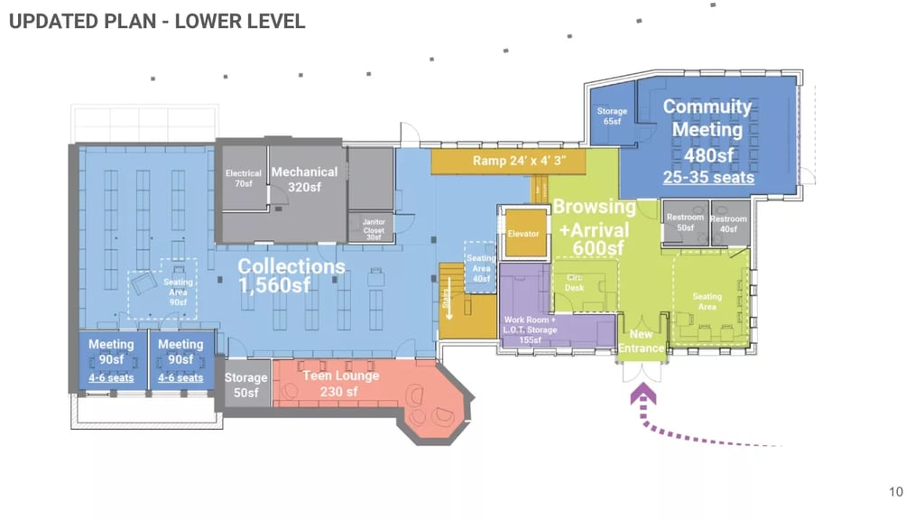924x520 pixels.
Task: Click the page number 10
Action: [x=895, y=492]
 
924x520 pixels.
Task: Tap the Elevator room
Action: [x=523, y=234]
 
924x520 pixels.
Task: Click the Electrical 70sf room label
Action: [x=244, y=178]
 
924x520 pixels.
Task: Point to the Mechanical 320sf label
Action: [x=305, y=179]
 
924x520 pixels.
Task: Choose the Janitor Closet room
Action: [x=374, y=226]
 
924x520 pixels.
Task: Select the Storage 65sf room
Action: [x=612, y=116]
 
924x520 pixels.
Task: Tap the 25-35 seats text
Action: [x=708, y=178]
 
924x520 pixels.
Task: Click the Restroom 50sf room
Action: [x=685, y=222]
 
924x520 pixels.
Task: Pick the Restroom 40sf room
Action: [x=729, y=222]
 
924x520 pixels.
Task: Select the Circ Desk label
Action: [x=575, y=283]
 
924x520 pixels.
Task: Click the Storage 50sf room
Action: [x=245, y=385]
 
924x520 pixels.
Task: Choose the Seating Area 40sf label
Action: [x=481, y=268]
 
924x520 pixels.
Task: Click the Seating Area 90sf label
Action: [x=178, y=292]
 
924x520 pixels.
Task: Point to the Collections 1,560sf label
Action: [x=291, y=275]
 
